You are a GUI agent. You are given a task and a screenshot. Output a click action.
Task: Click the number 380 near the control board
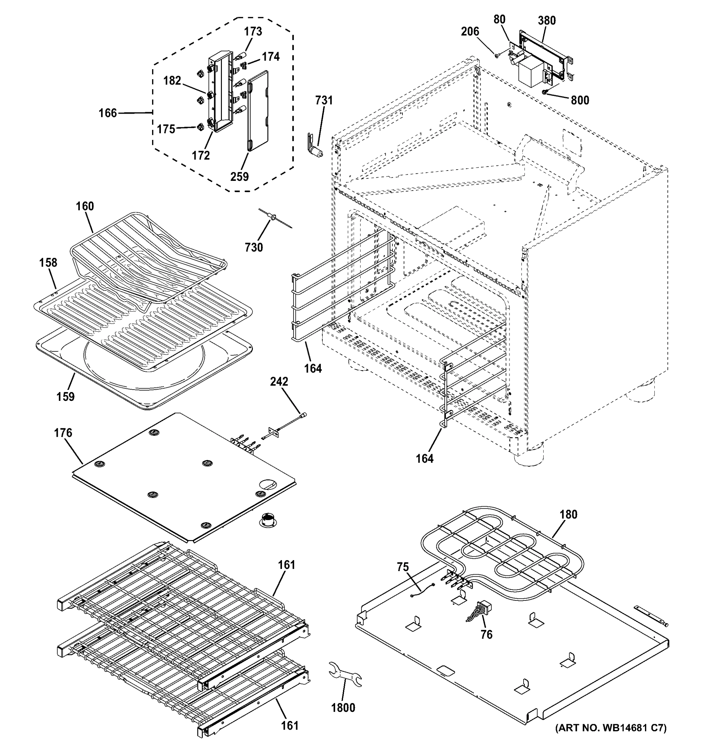547,20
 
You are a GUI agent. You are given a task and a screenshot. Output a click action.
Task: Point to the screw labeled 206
497,55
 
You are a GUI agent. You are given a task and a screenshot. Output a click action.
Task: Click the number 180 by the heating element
569,514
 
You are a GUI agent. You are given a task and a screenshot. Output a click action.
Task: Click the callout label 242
279,381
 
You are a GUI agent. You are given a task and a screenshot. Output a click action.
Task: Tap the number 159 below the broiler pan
65,397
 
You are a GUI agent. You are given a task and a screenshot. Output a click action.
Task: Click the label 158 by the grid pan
49,263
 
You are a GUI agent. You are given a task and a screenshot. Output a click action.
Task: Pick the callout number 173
253,31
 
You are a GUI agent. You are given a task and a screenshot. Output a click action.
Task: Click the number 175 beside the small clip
166,129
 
